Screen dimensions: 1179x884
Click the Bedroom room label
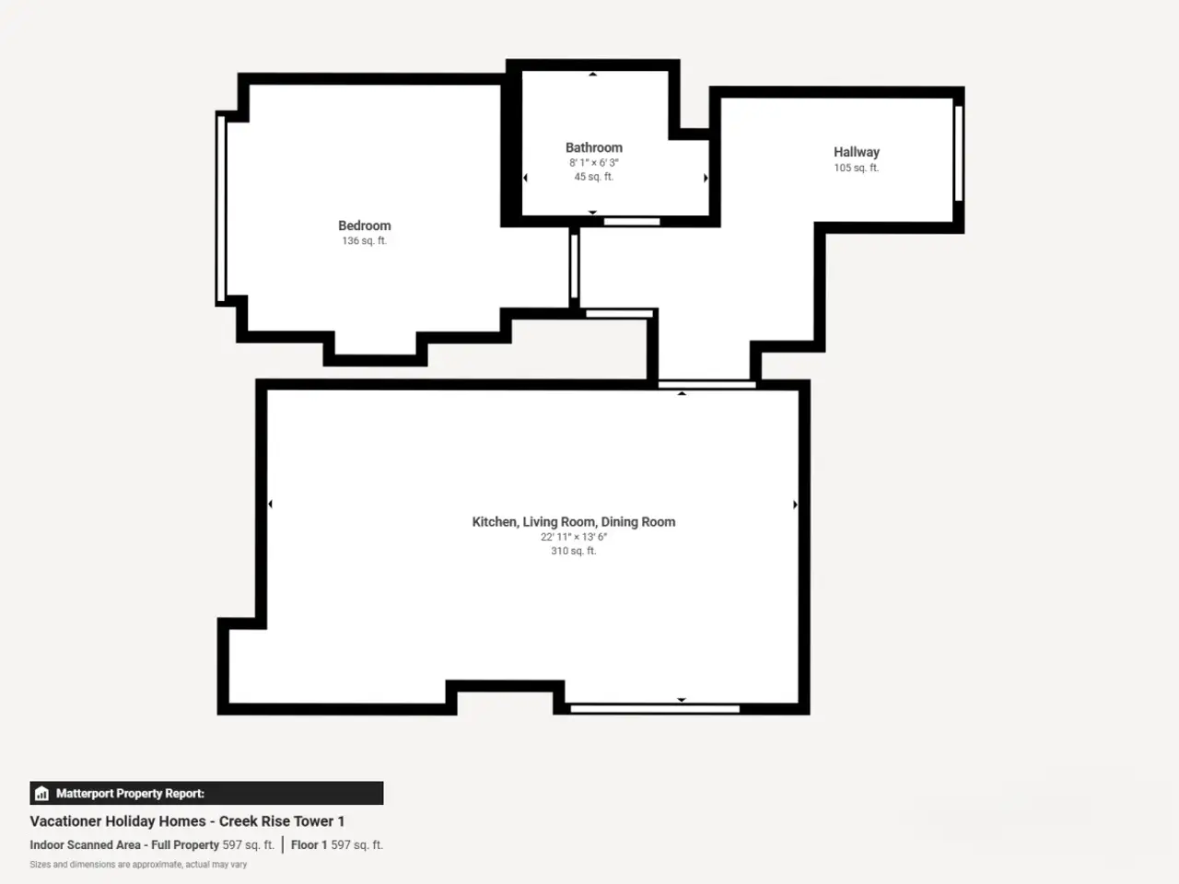364,226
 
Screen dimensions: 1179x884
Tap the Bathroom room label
593,147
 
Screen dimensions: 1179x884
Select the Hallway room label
857,153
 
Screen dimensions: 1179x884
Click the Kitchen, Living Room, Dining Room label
574,522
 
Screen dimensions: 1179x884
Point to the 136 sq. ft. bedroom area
364,241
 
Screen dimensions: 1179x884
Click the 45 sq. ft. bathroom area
593,177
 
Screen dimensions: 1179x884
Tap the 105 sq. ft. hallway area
857,168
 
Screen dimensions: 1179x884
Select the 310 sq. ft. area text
574,551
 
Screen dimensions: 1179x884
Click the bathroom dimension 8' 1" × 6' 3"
593,162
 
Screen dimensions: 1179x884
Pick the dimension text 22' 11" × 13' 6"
574,537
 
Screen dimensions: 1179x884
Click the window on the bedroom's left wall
221,209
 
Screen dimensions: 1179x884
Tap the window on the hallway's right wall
959,154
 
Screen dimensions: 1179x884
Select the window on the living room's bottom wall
655,709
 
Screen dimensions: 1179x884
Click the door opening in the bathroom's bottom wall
632,222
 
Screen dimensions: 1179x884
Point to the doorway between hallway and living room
706,385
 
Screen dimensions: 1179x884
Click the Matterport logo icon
41,793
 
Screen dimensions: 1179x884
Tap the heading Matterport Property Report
130,793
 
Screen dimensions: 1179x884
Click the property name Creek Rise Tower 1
282,821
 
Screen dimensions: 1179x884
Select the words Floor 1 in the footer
309,844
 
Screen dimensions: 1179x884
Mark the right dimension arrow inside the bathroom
706,178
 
